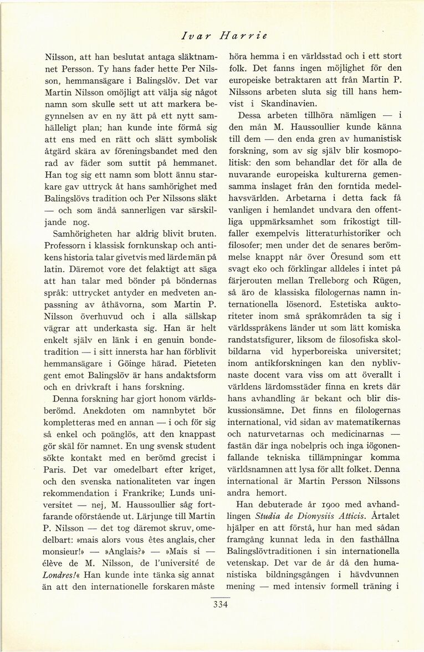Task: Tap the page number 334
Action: pos(221,604)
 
